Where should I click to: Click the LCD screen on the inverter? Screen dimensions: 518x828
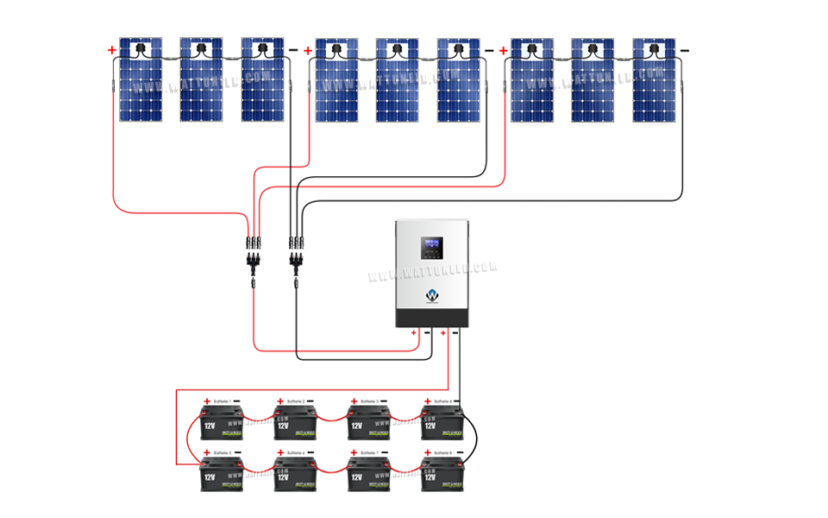430,248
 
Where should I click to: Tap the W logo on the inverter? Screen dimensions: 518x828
431,295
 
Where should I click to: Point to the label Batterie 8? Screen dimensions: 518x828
441,452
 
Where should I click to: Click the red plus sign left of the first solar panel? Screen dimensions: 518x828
111,51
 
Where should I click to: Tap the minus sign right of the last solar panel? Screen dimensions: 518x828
685,51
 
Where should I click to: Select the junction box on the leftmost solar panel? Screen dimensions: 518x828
140,50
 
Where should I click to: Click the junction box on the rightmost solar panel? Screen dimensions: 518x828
654,50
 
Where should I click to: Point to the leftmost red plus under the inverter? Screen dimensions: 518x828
413,332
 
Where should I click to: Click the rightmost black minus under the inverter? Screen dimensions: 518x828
458,332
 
